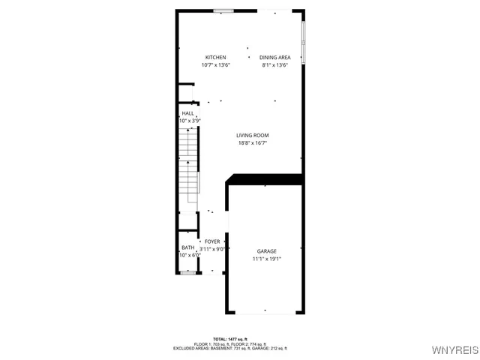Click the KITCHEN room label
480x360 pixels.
click(x=216, y=58)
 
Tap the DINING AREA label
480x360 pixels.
click(x=275, y=58)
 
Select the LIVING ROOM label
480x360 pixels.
click(x=253, y=136)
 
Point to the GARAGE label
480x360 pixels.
click(x=267, y=251)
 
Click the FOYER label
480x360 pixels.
click(x=212, y=241)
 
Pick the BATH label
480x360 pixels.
click(x=187, y=248)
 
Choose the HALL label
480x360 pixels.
click(x=187, y=113)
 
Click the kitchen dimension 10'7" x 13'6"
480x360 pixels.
click(x=216, y=65)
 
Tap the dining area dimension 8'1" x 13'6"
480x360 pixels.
click(x=275, y=65)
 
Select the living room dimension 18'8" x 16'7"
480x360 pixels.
click(x=253, y=143)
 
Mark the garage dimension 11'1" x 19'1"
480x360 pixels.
click(x=267, y=259)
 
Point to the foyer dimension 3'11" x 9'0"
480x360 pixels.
click(x=212, y=249)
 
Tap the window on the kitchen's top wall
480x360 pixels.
click(x=223, y=10)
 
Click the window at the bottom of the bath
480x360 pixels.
click(x=188, y=273)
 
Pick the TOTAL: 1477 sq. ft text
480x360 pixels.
click(x=230, y=339)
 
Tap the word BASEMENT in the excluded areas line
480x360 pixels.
click(x=214, y=348)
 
